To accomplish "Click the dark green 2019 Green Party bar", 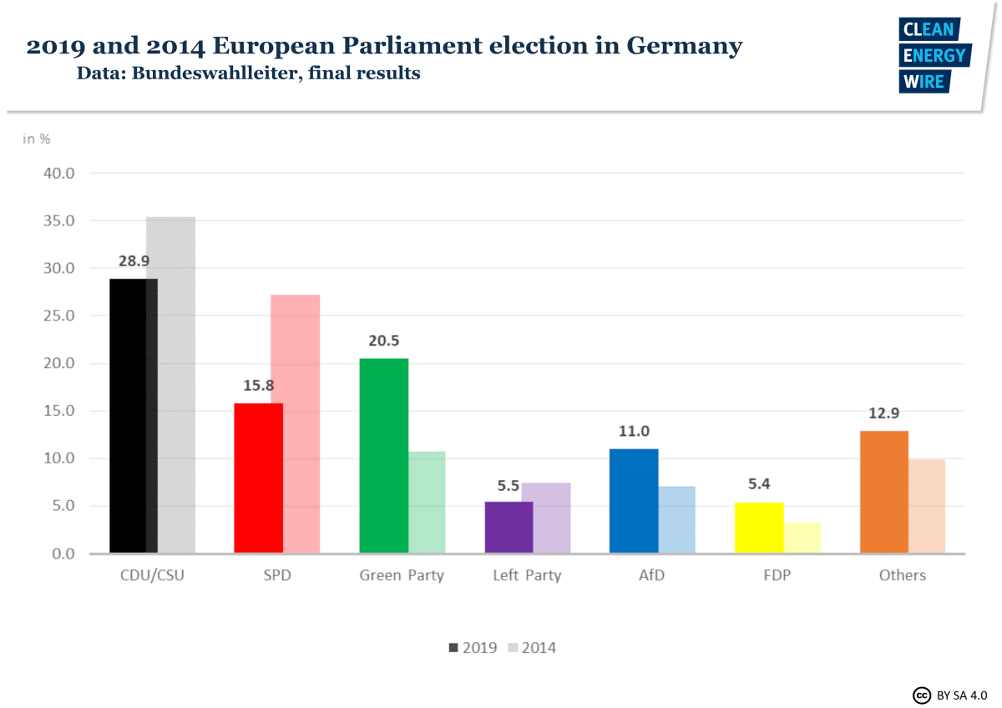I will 383,455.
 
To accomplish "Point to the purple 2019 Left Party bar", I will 509,527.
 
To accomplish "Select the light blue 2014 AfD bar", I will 677,519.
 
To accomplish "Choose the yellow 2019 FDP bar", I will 759,527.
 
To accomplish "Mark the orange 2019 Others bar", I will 883,492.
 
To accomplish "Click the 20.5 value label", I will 384,341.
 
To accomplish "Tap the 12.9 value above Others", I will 883,413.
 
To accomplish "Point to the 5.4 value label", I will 759,485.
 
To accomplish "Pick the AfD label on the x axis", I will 651,575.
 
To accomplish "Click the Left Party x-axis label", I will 527,575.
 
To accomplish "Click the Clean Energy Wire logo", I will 934,55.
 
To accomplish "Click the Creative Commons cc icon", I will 922,695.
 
